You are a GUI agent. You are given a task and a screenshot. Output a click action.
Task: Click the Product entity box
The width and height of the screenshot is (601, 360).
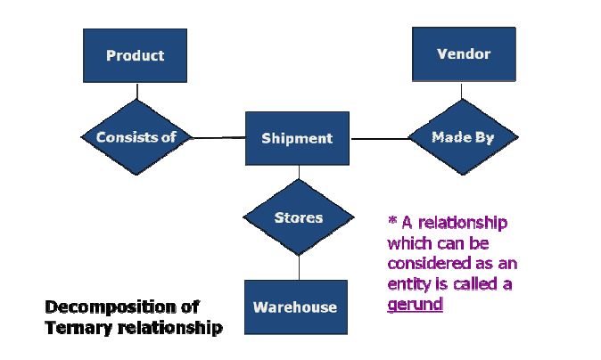click(x=135, y=55)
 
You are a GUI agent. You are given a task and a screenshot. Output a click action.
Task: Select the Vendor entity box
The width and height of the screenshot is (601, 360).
click(x=464, y=54)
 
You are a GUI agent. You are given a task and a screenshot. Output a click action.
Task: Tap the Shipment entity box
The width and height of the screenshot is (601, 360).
click(x=297, y=138)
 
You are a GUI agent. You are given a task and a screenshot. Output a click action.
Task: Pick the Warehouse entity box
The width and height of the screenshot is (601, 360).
click(x=296, y=307)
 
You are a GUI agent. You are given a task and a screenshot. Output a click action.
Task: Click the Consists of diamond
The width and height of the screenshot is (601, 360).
click(x=136, y=137)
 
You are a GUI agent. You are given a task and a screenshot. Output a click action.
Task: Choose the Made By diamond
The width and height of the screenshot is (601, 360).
click(x=463, y=136)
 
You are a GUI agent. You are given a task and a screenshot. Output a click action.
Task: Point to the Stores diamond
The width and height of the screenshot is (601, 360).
click(x=299, y=217)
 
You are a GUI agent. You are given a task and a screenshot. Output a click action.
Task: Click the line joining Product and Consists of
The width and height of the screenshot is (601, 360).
click(x=136, y=91)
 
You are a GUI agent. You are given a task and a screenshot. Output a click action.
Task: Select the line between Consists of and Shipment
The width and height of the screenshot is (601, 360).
click(x=218, y=137)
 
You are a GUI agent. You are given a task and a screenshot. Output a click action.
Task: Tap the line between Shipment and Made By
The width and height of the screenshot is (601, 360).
click(x=380, y=138)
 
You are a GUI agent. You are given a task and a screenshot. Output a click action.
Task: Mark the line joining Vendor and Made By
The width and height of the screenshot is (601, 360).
click(x=462, y=90)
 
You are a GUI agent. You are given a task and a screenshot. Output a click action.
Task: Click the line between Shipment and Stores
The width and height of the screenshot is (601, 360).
click(x=299, y=172)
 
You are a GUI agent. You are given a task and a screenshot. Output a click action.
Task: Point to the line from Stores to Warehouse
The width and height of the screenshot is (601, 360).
click(x=299, y=267)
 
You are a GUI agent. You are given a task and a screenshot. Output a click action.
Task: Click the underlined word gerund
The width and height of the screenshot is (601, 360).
click(x=416, y=305)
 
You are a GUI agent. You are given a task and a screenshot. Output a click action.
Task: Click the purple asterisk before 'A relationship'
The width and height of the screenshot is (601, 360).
click(x=392, y=220)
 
